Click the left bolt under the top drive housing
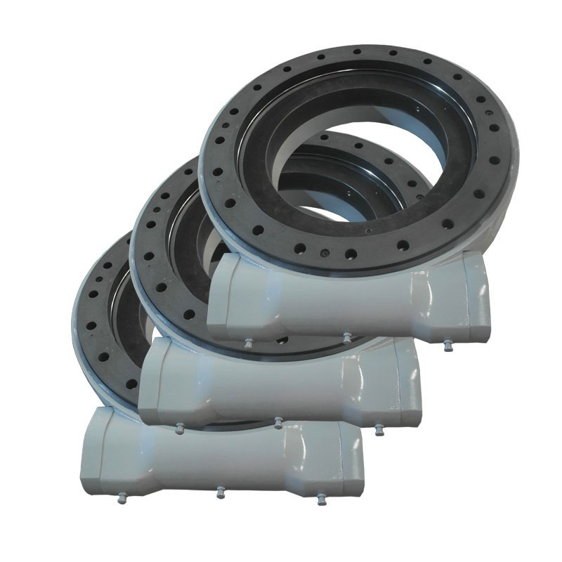248,344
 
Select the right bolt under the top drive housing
447,346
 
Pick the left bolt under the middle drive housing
179,426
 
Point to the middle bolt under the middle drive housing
278,421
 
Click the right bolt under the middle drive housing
379,429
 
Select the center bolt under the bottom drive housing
220,491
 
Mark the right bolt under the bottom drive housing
321,499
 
